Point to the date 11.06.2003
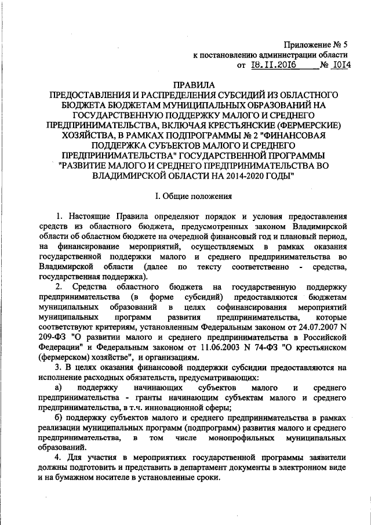click(x=212, y=347)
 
